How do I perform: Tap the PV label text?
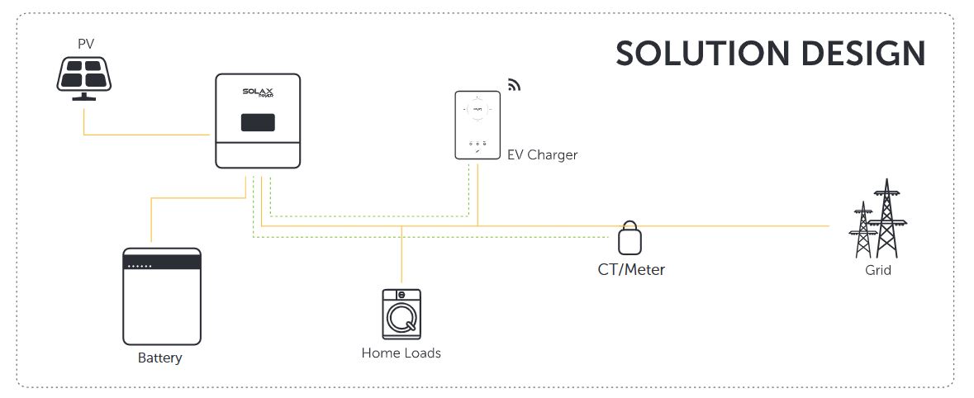pyautogui.click(x=85, y=44)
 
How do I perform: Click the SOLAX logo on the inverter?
pyautogui.click(x=258, y=93)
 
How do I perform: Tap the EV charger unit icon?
pyautogui.click(x=477, y=126)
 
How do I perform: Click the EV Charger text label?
pyautogui.click(x=542, y=154)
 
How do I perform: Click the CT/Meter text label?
pyautogui.click(x=631, y=269)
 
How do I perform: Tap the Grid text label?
pyautogui.click(x=878, y=270)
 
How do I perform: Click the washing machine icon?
pyautogui.click(x=401, y=315)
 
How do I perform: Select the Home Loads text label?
pyautogui.click(x=401, y=353)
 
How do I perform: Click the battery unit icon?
pyautogui.click(x=162, y=296)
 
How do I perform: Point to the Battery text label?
pyautogui.click(x=159, y=358)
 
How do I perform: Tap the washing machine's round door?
pyautogui.click(x=401, y=319)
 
